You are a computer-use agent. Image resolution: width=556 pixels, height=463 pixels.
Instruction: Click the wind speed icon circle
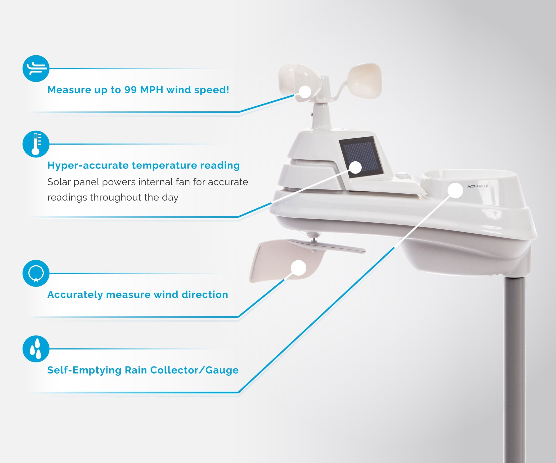click(x=36, y=69)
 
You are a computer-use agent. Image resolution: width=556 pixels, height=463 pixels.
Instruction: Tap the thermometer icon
click(x=36, y=144)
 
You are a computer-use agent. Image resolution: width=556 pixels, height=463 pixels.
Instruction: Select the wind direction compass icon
click(x=36, y=273)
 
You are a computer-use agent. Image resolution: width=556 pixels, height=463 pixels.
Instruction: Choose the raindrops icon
click(x=36, y=349)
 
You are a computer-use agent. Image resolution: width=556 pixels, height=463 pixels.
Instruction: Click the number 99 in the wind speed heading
click(x=131, y=90)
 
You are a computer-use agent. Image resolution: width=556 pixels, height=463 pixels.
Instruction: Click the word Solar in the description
click(x=59, y=182)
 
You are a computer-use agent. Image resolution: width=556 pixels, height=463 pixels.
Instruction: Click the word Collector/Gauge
click(x=194, y=370)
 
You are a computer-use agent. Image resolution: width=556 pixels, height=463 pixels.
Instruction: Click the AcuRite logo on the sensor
click(x=477, y=186)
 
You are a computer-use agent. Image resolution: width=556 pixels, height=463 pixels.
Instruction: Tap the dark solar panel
click(x=361, y=157)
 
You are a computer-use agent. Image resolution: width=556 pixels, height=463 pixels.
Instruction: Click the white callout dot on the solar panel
click(x=356, y=167)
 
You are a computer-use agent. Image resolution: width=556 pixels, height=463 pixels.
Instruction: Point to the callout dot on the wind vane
click(x=298, y=268)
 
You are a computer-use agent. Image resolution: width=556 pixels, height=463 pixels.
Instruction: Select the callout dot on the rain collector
click(x=455, y=190)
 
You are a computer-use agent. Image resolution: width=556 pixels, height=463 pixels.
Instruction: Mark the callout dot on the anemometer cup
click(x=305, y=92)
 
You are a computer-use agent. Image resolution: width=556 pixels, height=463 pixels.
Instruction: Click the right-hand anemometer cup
click(x=365, y=80)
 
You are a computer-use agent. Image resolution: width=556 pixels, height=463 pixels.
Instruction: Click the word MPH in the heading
click(x=151, y=90)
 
